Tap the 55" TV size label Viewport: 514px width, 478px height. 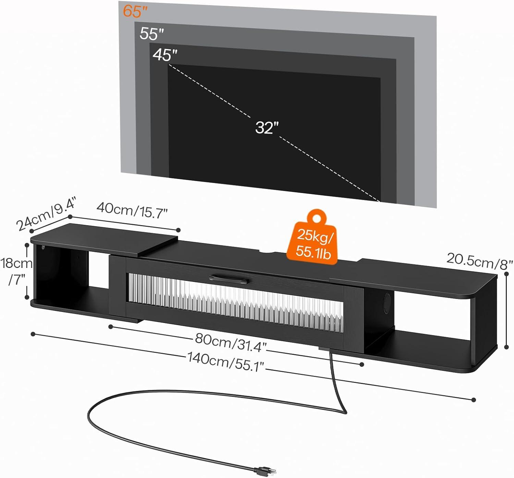(152, 34)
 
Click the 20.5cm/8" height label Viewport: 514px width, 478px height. (479, 261)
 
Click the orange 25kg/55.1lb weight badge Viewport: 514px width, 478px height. (312, 241)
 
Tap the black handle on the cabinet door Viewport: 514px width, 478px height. (228, 278)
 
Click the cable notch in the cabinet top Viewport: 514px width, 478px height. (270, 253)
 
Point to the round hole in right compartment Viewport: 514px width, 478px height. (387, 301)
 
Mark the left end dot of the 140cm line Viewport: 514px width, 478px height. (33, 334)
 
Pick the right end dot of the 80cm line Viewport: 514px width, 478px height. (362, 365)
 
